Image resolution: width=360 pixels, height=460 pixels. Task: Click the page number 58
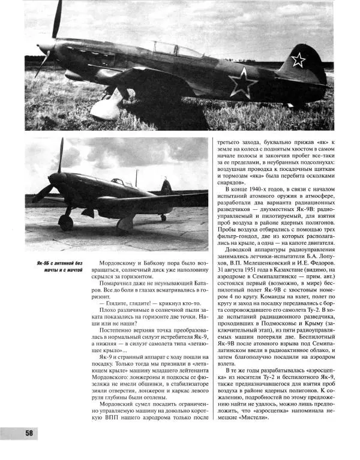[x=28, y=434]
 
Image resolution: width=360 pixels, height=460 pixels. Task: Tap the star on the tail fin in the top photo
[x=298, y=59]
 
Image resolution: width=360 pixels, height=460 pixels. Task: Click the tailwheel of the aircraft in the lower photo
[x=163, y=218]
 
